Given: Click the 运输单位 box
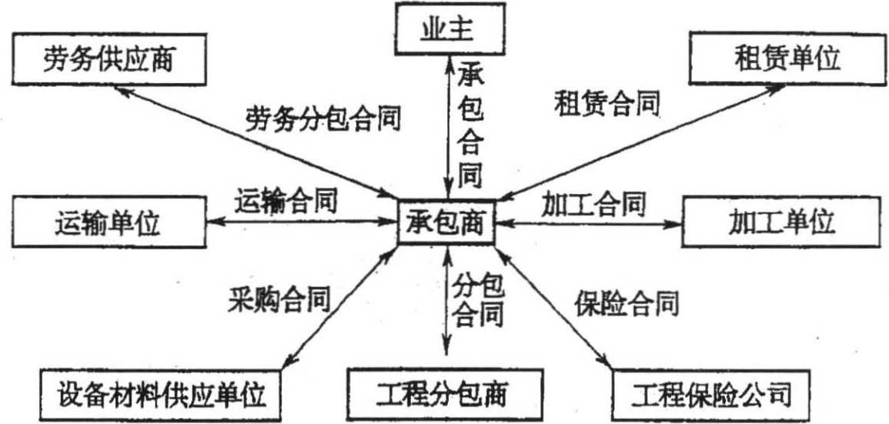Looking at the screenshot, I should (107, 223).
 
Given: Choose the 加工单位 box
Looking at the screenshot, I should (781, 223).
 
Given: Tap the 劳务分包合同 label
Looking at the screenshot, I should (324, 120).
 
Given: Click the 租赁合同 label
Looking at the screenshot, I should (607, 103).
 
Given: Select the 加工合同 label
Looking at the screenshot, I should (593, 204).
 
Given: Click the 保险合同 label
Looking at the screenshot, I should (627, 303).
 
